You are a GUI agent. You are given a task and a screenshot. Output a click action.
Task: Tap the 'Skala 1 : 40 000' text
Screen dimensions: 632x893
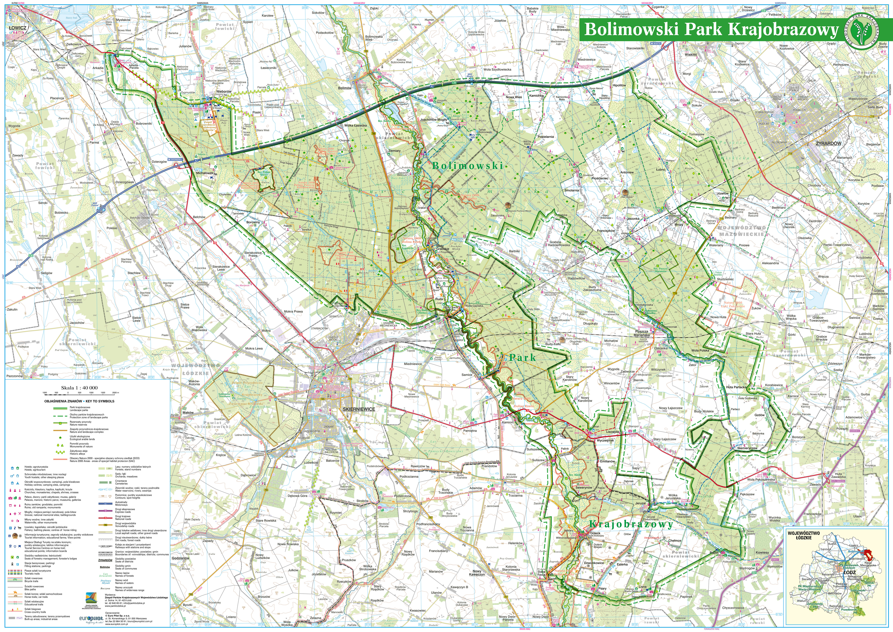[x=79, y=388]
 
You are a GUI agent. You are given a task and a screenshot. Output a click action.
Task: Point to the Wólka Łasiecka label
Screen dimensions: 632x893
[x=355, y=125]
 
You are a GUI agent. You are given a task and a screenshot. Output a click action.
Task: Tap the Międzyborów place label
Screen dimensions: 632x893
[x=858, y=99]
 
